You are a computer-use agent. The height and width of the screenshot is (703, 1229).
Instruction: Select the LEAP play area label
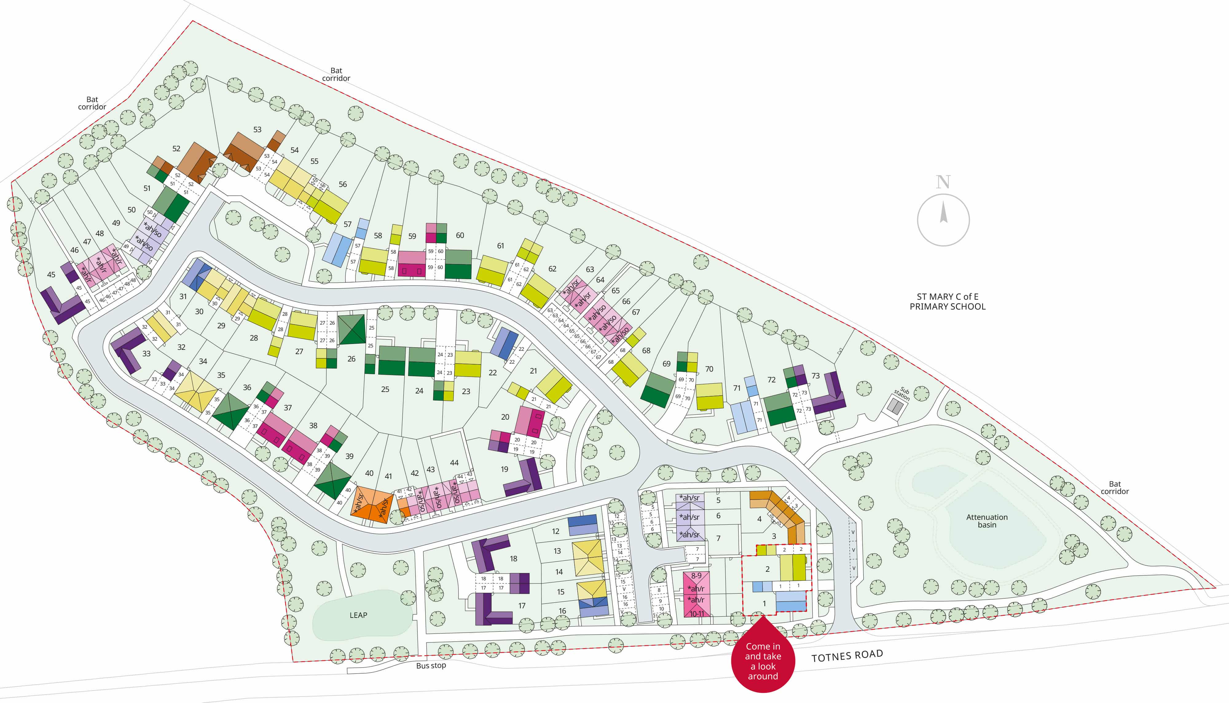click(x=358, y=615)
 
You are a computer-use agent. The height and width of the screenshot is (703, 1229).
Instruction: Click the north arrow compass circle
click(x=943, y=220)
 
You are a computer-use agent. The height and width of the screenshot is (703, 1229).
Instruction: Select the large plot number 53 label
click(x=257, y=129)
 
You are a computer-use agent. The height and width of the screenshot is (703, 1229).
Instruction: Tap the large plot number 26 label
click(x=351, y=359)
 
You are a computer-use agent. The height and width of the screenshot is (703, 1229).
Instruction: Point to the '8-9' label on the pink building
click(x=696, y=575)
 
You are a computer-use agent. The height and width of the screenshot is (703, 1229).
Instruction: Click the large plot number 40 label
click(x=369, y=473)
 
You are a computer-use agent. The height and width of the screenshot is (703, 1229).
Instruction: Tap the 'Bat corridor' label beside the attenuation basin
click(x=1115, y=487)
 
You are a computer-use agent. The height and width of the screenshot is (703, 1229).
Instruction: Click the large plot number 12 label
click(x=556, y=531)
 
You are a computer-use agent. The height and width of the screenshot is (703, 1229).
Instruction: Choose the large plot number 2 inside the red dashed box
click(x=767, y=569)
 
